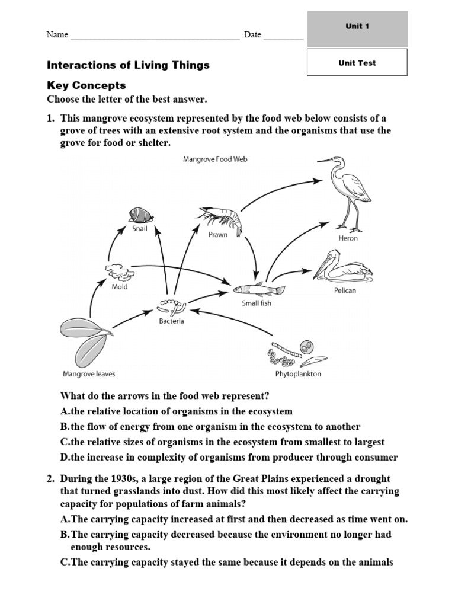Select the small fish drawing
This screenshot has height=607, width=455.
coord(258,289)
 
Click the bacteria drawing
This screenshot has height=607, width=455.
coord(171,307)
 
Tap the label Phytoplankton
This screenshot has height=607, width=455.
coord(298,375)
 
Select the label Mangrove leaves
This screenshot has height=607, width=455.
coord(89,374)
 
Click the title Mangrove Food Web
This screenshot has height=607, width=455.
coord(214,159)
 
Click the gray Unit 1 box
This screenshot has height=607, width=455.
coord(357,27)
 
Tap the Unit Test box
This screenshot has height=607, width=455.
coord(357,63)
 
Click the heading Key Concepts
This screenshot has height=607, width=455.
coord(86,85)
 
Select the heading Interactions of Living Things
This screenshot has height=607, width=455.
coord(128,65)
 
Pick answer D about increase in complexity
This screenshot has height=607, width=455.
coord(229,457)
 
